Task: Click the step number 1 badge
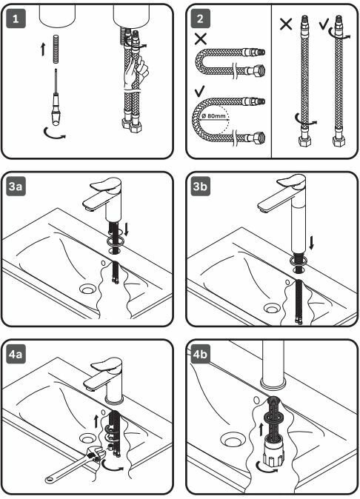click(16, 19)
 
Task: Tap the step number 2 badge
click(200, 19)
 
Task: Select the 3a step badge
click(16, 186)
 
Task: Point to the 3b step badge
click(200, 186)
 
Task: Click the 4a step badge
click(16, 354)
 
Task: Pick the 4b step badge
click(200, 354)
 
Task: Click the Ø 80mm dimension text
click(214, 115)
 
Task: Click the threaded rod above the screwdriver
click(56, 49)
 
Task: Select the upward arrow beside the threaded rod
click(43, 50)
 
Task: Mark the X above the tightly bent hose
click(201, 38)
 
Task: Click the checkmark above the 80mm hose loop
click(200, 92)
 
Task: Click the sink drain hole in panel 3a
click(88, 289)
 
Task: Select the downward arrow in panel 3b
click(311, 243)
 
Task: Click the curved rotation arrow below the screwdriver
click(56, 134)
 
